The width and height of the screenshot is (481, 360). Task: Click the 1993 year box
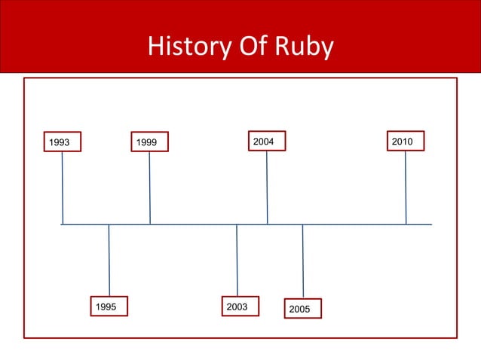click(x=62, y=142)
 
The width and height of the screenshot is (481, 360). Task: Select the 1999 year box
click(x=149, y=142)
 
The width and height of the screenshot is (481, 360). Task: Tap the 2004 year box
click(x=267, y=141)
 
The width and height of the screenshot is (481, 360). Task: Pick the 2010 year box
click(x=406, y=141)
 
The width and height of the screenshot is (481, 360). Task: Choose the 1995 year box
click(x=109, y=307)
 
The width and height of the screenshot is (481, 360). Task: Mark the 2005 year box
click(x=302, y=309)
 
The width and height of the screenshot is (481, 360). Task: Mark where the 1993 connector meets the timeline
click(x=63, y=224)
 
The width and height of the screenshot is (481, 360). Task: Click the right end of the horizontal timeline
click(x=430, y=224)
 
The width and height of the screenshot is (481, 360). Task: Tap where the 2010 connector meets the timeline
click(x=406, y=224)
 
